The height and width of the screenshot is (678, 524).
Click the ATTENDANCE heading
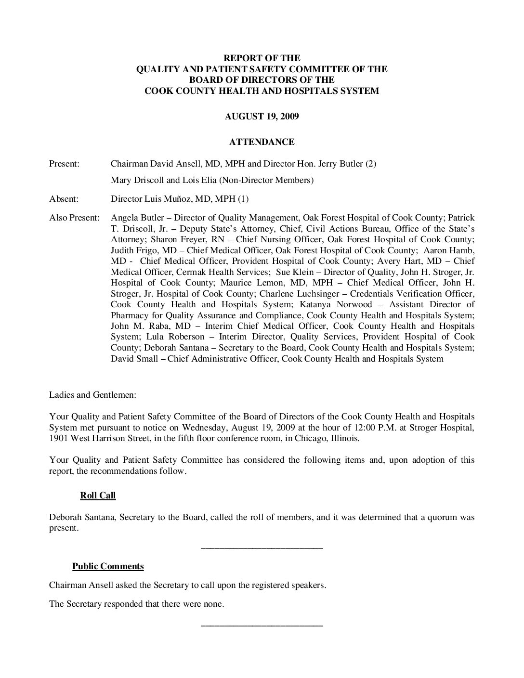pyautogui.click(x=262, y=142)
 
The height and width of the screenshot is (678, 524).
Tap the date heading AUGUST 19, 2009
pyautogui.click(x=262, y=117)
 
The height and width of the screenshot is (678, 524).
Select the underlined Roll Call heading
pyautogui.click(x=98, y=495)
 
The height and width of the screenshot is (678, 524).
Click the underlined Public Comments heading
pyautogui.click(x=108, y=566)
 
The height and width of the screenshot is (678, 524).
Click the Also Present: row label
pyautogui.click(x=74, y=218)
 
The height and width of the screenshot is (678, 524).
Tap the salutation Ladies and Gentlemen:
pyautogui.click(x=92, y=395)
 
